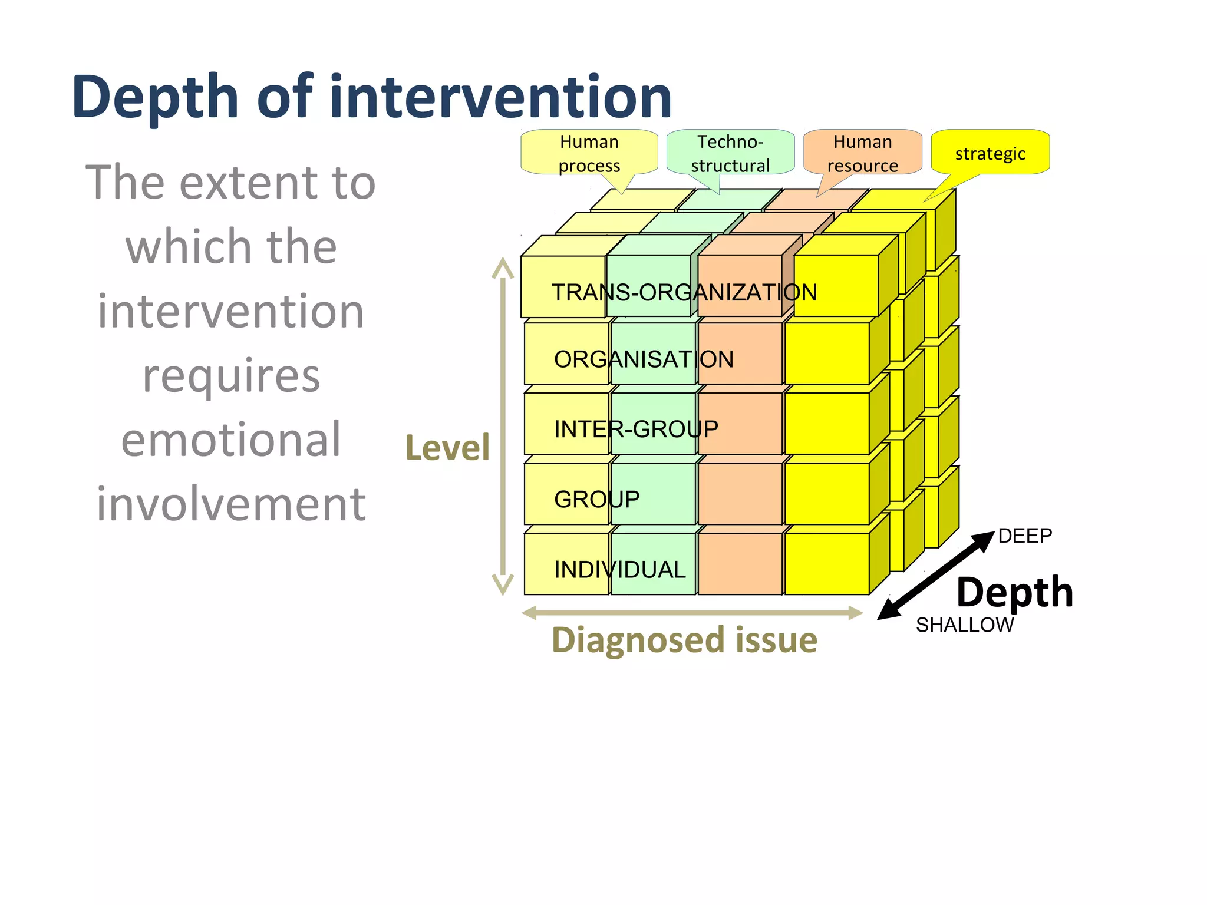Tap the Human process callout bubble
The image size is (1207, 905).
click(x=589, y=153)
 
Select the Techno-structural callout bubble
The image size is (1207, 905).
click(x=730, y=153)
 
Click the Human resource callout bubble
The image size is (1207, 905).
click(x=862, y=153)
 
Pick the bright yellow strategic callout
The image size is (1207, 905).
click(x=990, y=153)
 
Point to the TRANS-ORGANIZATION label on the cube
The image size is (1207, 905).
click(x=684, y=292)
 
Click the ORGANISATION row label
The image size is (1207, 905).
click(x=644, y=359)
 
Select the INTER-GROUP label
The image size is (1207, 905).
click(x=636, y=429)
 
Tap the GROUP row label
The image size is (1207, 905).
click(x=596, y=499)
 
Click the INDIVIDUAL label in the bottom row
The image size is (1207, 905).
click(x=619, y=569)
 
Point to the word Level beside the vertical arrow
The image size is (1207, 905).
click(x=447, y=448)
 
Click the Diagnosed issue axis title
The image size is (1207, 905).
click(x=684, y=640)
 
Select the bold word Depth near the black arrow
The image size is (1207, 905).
click(x=1014, y=592)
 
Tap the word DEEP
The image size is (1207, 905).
click(x=1025, y=536)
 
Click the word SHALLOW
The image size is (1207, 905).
click(x=965, y=625)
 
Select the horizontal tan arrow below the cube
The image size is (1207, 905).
click(x=692, y=613)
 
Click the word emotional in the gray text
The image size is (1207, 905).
click(x=231, y=440)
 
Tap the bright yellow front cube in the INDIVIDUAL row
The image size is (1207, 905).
click(x=826, y=564)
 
